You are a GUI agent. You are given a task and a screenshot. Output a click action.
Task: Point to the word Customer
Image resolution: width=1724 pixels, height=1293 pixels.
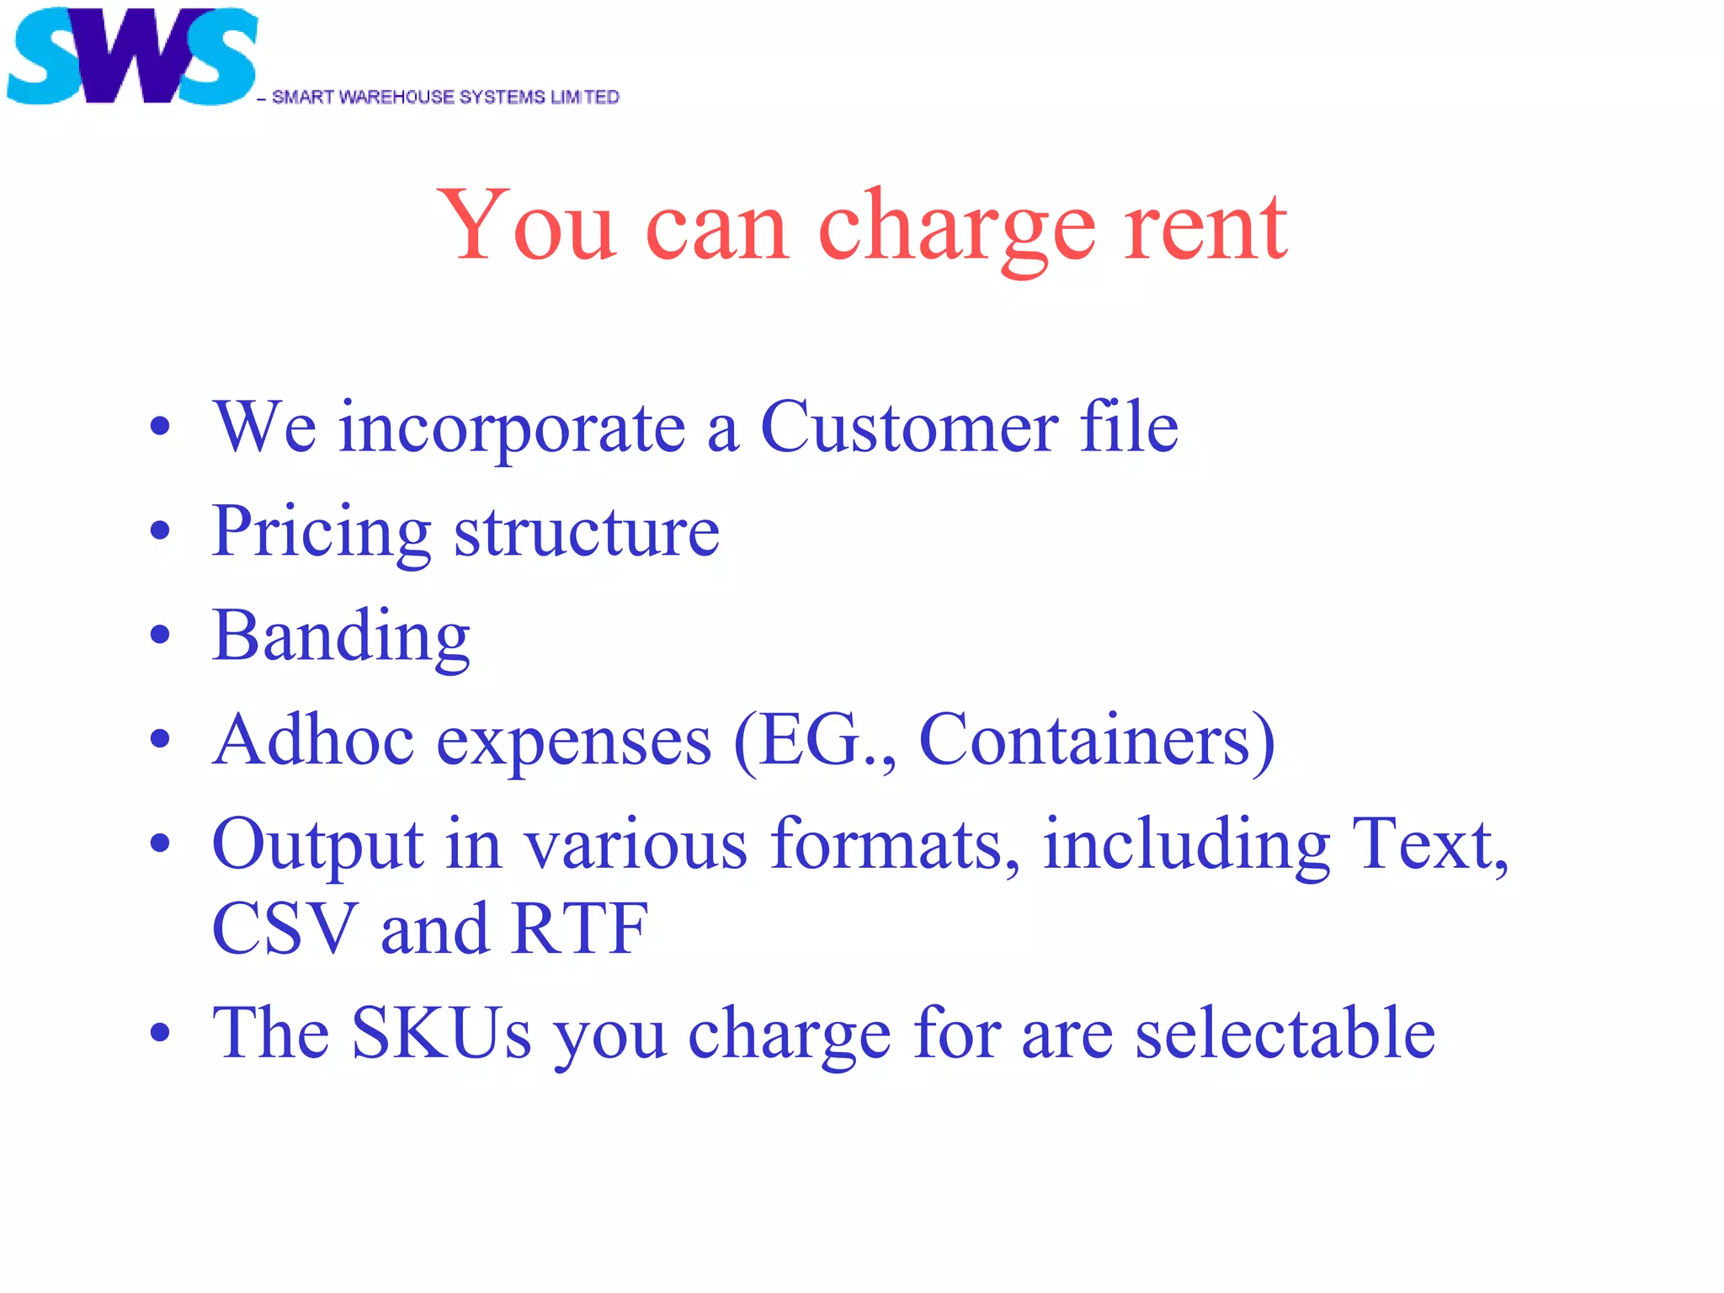[x=909, y=428]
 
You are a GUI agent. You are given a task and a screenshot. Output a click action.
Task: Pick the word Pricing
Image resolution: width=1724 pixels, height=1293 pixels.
[x=322, y=534]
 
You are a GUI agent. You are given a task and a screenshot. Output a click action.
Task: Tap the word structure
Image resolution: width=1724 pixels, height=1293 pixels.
[x=587, y=534]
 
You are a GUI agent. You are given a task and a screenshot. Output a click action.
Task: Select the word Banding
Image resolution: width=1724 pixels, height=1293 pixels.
[x=341, y=638]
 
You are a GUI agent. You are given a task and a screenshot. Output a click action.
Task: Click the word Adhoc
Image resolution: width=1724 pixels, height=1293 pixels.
[x=313, y=741]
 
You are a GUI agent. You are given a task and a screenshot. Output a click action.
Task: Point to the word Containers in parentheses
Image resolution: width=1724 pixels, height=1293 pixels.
[x=1086, y=741]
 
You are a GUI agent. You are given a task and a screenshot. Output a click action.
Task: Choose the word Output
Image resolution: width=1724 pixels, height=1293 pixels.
[x=317, y=845]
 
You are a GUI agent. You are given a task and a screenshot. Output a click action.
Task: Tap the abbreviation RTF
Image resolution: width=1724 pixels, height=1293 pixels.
[x=580, y=929]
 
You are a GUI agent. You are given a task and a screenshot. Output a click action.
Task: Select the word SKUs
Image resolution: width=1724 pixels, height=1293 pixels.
[x=441, y=1033]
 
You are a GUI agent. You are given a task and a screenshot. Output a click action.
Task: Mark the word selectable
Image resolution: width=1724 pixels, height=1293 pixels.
[x=1285, y=1033]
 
